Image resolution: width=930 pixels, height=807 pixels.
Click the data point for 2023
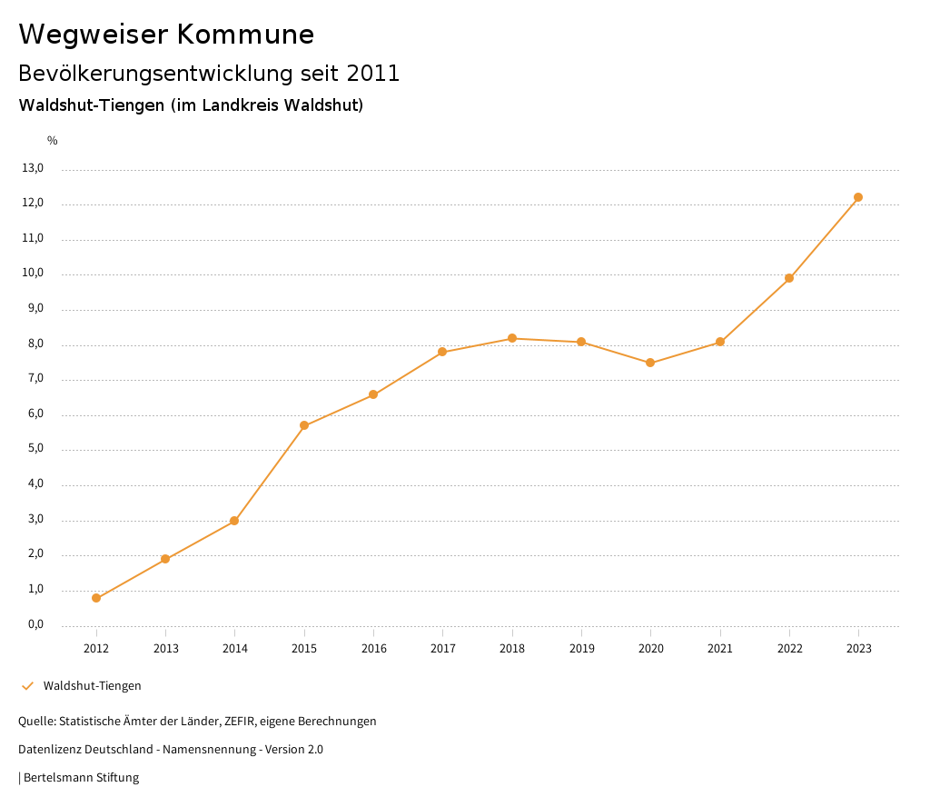click(x=858, y=197)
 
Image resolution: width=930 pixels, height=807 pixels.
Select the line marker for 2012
click(x=96, y=598)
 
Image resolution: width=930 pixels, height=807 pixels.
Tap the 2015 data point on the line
click(x=304, y=425)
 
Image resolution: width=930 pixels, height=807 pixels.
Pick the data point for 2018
click(x=512, y=338)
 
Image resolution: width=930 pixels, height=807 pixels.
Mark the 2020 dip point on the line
click(x=650, y=363)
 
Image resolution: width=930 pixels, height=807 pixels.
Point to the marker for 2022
click(x=789, y=278)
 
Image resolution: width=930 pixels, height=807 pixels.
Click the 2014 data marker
click(x=234, y=521)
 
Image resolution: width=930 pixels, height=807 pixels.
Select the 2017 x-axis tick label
click(x=443, y=649)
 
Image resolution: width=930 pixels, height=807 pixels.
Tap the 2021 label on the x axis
click(x=720, y=649)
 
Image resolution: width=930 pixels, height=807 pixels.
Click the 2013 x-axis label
click(x=166, y=649)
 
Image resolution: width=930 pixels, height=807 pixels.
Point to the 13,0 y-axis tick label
click(x=33, y=168)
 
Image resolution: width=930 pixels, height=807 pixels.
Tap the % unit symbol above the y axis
click(x=53, y=141)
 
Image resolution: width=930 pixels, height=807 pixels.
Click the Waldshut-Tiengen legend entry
click(x=92, y=686)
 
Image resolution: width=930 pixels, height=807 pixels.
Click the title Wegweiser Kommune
click(x=166, y=35)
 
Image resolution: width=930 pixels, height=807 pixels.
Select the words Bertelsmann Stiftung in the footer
click(x=81, y=778)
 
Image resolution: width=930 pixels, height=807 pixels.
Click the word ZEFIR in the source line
click(x=237, y=722)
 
